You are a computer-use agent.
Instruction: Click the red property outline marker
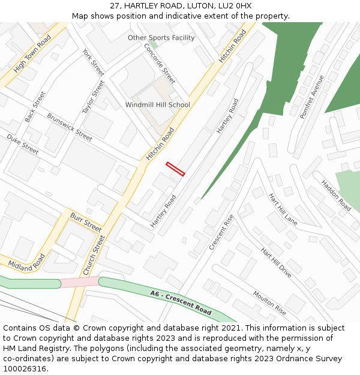[x=175, y=169]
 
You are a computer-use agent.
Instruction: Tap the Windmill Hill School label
[x=158, y=105]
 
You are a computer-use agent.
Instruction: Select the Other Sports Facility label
[x=161, y=38]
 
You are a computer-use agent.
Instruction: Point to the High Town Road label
[x=32, y=58]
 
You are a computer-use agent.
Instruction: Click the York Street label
[x=94, y=62]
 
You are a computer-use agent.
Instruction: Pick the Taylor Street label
[x=93, y=97]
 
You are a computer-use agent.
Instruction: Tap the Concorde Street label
[x=159, y=63]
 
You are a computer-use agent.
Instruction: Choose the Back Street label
[x=35, y=107]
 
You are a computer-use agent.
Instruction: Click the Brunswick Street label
[x=70, y=127]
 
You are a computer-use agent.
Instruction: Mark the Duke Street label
[x=23, y=145]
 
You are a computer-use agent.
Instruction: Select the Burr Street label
[x=86, y=222]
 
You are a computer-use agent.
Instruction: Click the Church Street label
[x=94, y=255]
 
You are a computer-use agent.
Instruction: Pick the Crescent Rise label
[x=221, y=233]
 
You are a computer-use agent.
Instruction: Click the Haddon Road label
[x=336, y=195]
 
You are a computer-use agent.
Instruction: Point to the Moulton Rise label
[x=269, y=303]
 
